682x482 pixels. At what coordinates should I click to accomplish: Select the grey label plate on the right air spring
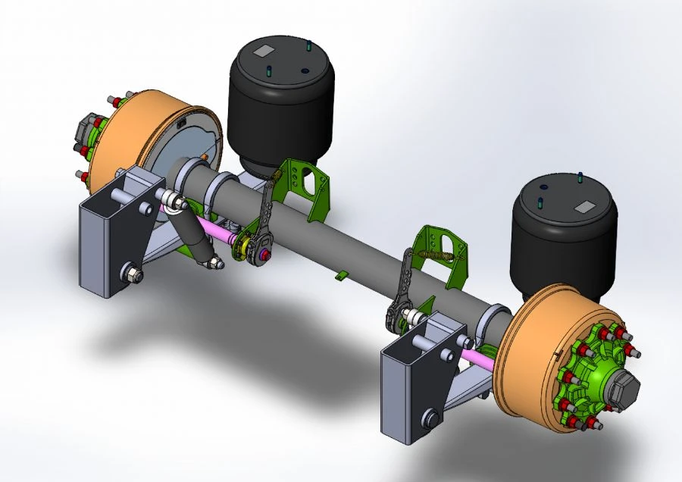click(585, 207)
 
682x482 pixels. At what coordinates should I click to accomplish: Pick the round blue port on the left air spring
click(304, 71)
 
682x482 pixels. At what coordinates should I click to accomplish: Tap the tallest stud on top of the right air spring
click(580, 180)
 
